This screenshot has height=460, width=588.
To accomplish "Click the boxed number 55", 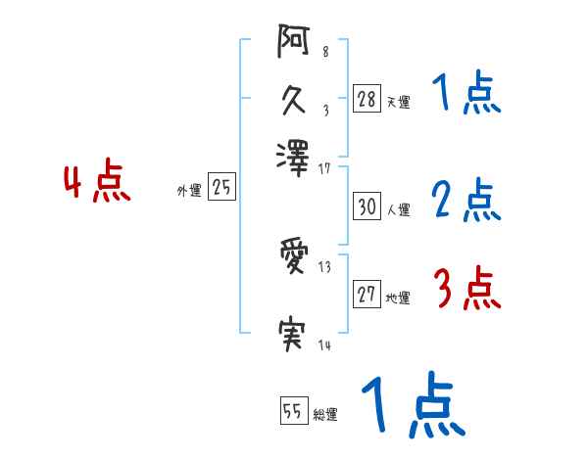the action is click(x=293, y=411).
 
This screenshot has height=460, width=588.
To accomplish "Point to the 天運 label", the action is click(x=398, y=101).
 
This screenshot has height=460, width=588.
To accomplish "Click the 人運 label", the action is click(x=398, y=209).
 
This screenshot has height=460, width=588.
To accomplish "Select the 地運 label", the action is click(x=398, y=299).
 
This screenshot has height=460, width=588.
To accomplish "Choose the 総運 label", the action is click(x=324, y=414).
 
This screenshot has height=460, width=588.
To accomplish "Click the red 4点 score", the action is click(x=97, y=184).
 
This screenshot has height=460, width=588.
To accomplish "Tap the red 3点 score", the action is click(x=466, y=290).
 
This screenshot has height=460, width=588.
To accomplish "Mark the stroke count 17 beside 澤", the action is click(x=324, y=168).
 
